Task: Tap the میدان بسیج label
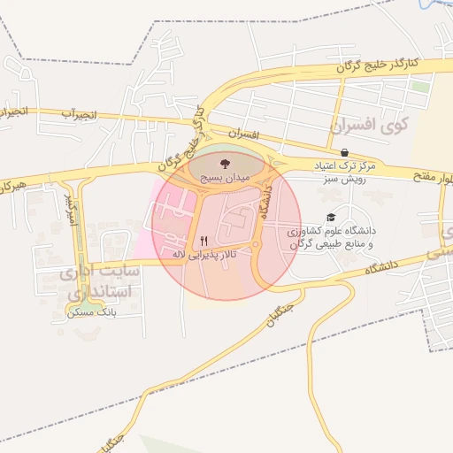pyautogui.click(x=225, y=178)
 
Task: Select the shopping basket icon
pyautogui.click(x=343, y=152)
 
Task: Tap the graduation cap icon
pyautogui.click(x=331, y=218)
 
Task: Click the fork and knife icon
pyautogui.click(x=204, y=240)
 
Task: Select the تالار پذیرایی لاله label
pyautogui.click(x=203, y=254)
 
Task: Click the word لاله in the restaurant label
pyautogui.click(x=180, y=254)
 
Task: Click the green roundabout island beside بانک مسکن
pyautogui.click(x=79, y=311)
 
